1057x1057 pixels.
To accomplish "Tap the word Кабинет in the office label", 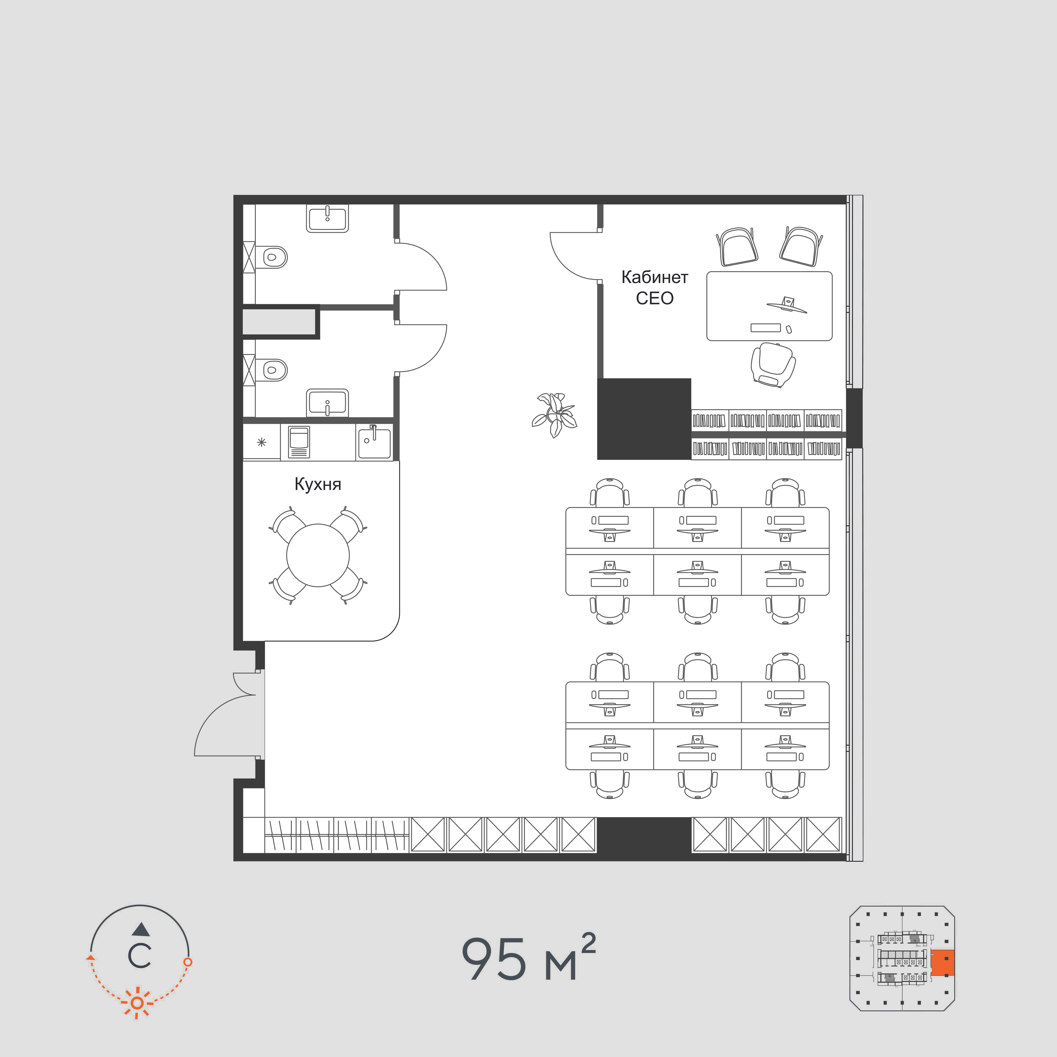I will (654, 277).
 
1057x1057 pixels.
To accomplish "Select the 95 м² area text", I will (528, 958).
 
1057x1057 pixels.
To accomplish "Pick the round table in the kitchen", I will (318, 555).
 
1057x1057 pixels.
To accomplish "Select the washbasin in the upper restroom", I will (327, 219).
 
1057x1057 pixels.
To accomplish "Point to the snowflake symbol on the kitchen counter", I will (262, 442).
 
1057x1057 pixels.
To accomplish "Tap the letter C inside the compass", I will (140, 956).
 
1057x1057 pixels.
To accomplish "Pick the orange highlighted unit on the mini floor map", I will (942, 963).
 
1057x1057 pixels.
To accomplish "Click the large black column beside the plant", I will (644, 419).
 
